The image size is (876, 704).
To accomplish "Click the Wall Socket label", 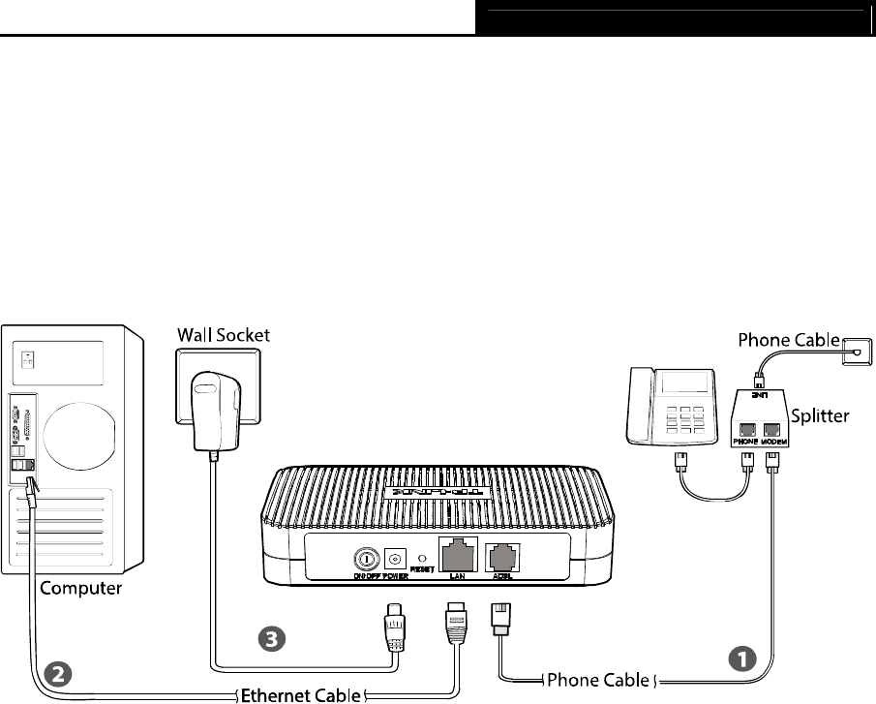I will (x=224, y=335).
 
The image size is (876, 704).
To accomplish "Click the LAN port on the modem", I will (x=455, y=555).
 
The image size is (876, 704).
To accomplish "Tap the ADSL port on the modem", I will (x=501, y=556).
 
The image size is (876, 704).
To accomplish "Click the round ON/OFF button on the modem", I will (x=367, y=559).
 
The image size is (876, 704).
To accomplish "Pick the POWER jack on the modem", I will (x=394, y=559).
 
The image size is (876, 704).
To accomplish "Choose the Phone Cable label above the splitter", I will (x=788, y=340).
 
